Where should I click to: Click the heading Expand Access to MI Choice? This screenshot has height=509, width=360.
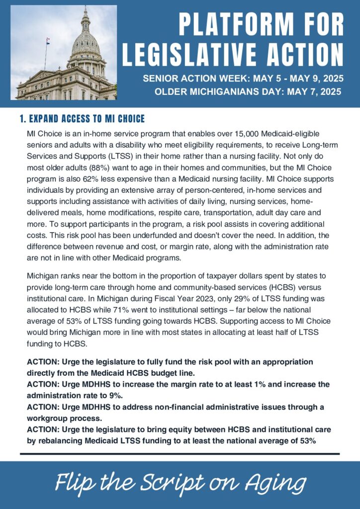tap(82, 119)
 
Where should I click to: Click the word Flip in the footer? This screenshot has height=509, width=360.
tap(74, 483)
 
